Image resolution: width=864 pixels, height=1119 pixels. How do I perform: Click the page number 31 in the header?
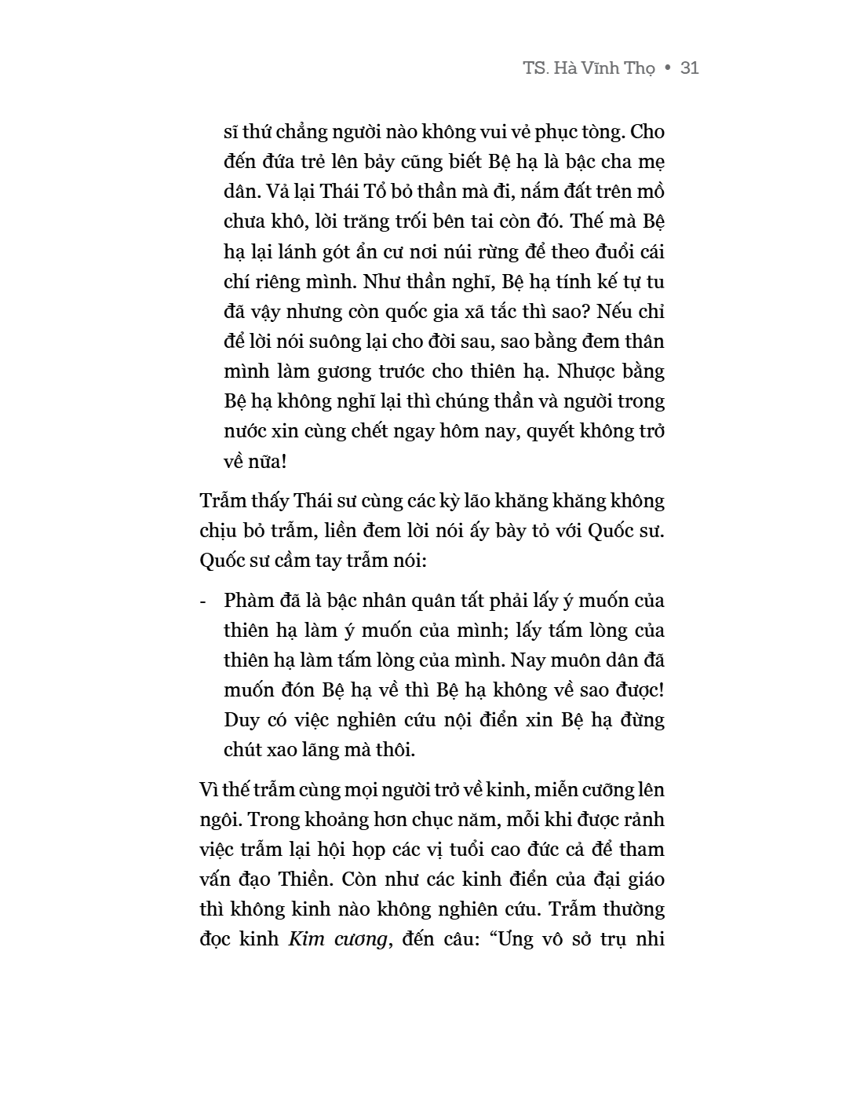pos(690,68)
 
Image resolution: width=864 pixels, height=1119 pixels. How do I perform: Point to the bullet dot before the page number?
pos(668,69)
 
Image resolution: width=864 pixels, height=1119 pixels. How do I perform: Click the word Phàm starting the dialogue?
pos(250,601)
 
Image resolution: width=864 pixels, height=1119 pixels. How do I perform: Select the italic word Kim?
pos(307,939)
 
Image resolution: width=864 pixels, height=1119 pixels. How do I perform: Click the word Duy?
pos(241,720)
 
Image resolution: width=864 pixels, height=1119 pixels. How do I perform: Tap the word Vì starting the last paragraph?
pos(212,790)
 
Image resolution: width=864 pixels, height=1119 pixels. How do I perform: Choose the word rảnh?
pos(645,820)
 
